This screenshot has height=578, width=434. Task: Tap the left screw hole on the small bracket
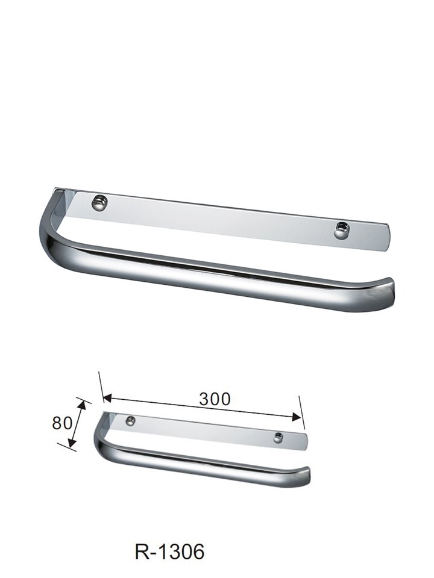coord(130,421)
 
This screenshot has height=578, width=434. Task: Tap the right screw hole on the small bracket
coord(278,438)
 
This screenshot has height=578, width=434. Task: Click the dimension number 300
coord(215,399)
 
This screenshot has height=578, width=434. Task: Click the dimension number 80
coord(62,423)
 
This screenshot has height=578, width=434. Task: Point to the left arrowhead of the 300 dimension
coord(106,398)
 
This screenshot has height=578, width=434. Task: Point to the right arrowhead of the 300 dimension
coord(297,417)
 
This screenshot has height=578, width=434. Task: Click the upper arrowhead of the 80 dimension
coord(83,405)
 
